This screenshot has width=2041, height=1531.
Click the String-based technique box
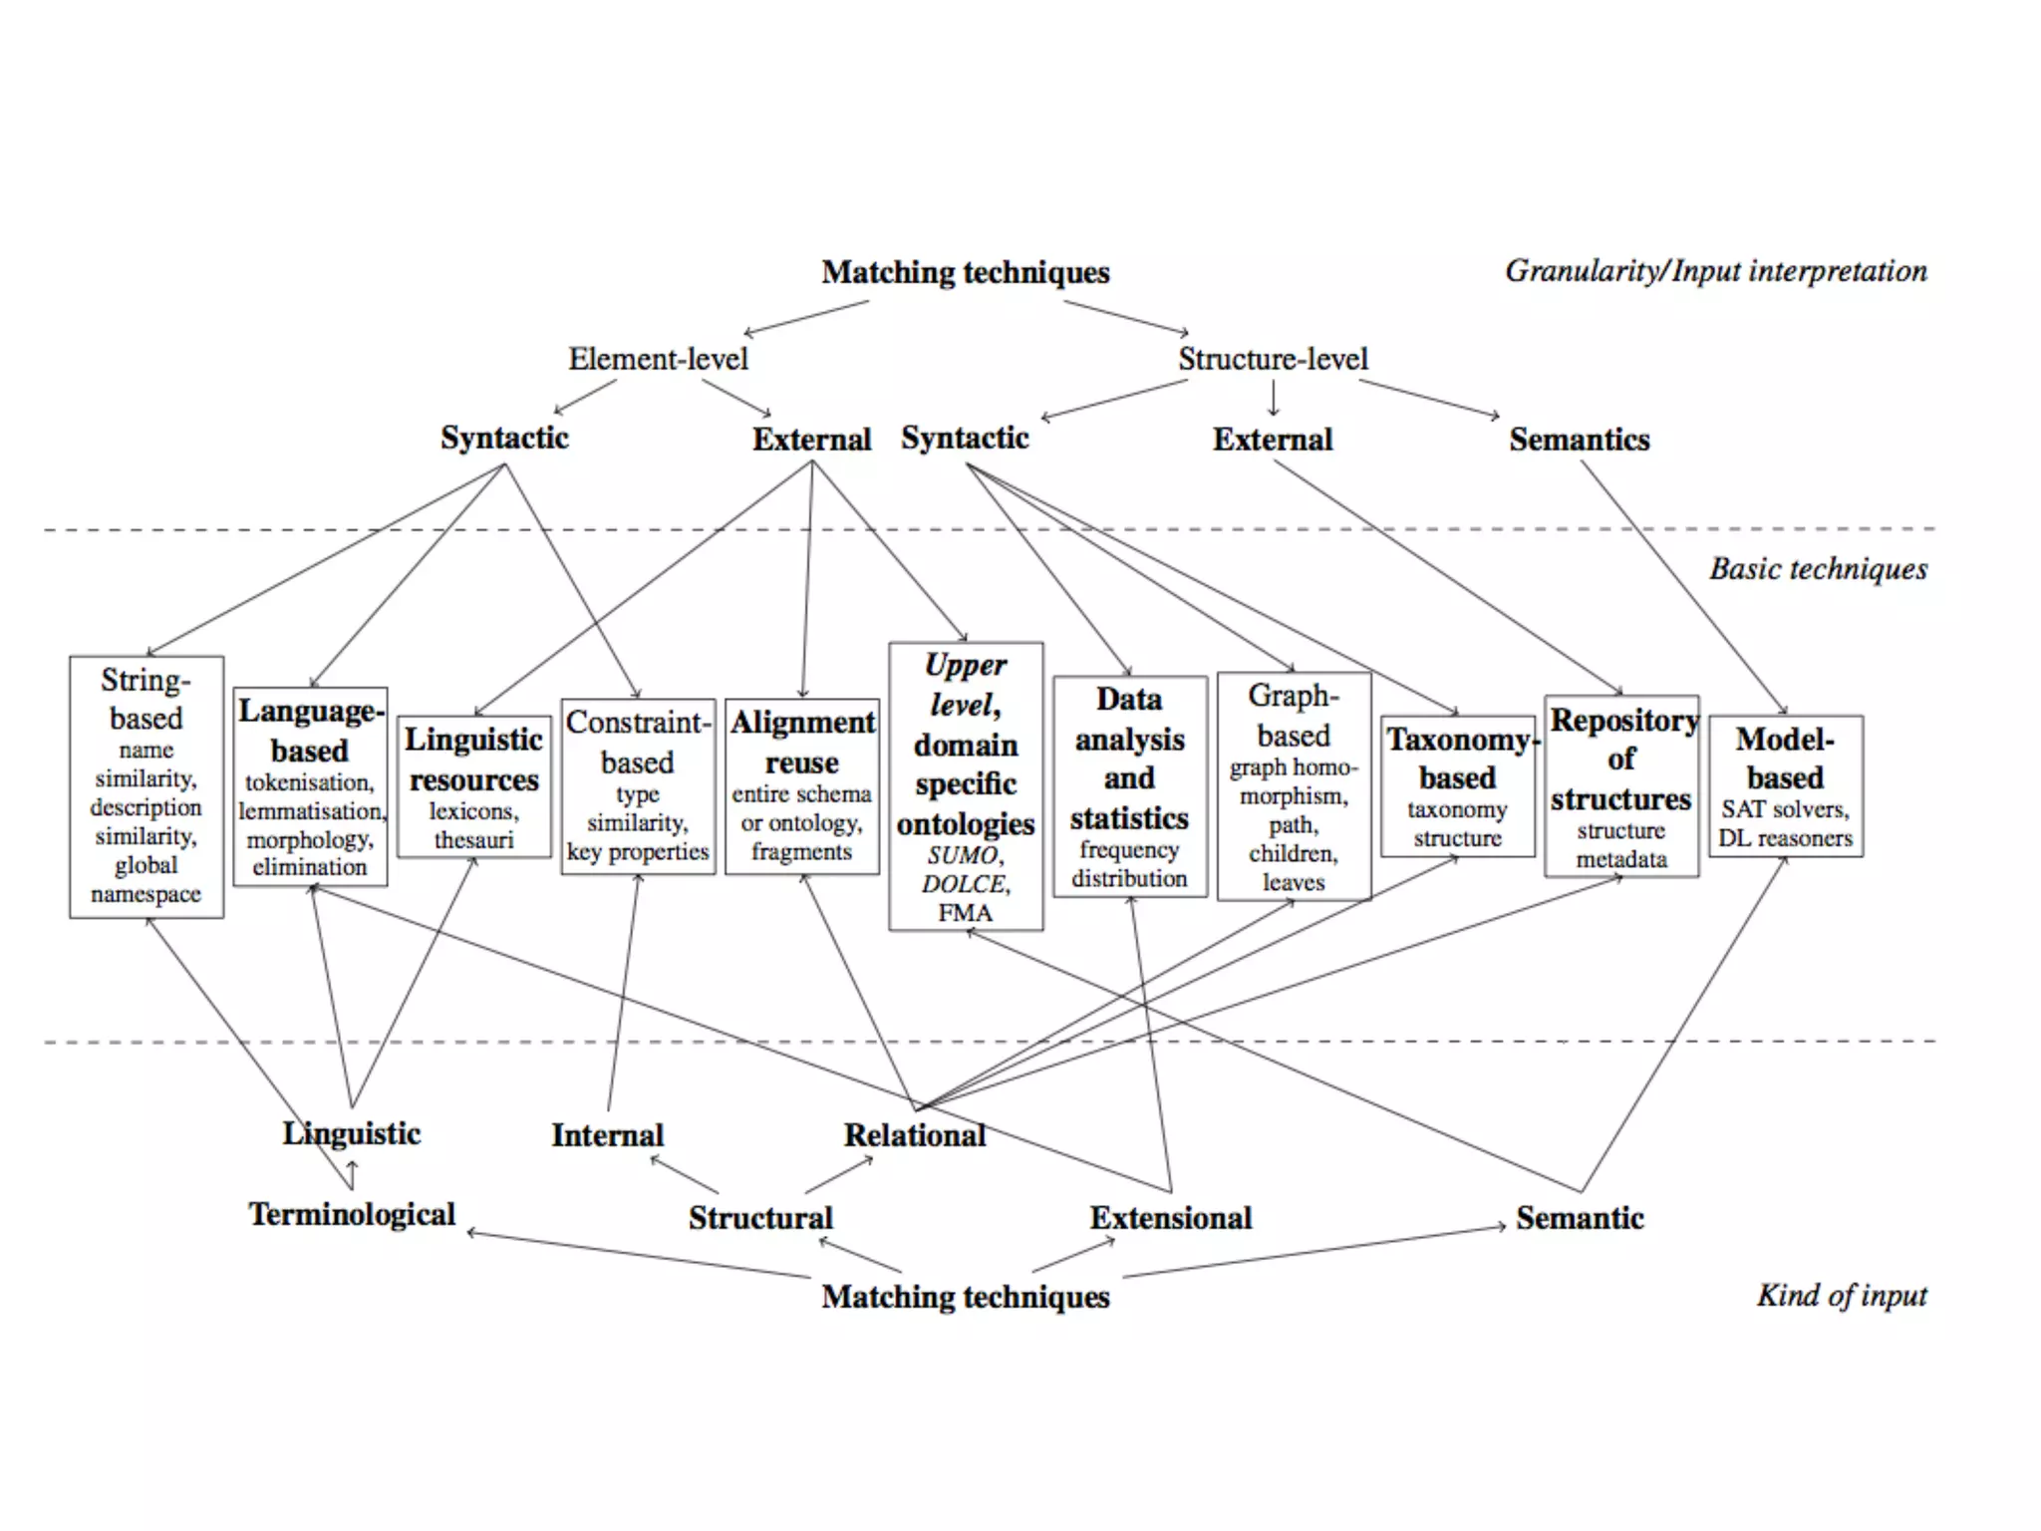point(146,786)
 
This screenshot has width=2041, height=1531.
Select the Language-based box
point(310,786)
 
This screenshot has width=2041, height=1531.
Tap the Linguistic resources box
point(474,786)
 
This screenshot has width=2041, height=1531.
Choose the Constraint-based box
point(638,786)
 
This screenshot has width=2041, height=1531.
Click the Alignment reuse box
point(802,786)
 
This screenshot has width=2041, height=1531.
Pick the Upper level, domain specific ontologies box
point(966,786)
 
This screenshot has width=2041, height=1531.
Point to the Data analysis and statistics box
point(1130,786)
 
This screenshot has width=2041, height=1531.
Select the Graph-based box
point(1294,786)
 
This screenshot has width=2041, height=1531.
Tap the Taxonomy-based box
point(1458,786)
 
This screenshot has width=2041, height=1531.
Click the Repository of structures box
point(1621,786)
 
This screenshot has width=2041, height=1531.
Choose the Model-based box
point(1786,786)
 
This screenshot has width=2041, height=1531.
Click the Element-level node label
point(658,359)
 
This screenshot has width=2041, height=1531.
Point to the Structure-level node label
point(1273,359)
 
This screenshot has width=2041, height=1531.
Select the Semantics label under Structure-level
point(1579,440)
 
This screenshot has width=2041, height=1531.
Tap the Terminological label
point(352,1214)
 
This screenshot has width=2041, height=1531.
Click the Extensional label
point(1171,1218)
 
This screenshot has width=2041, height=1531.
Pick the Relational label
point(915,1135)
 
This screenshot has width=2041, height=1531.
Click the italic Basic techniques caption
point(1818,569)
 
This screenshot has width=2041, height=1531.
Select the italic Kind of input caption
point(1842,1295)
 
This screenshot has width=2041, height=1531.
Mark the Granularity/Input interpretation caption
point(1715,271)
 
